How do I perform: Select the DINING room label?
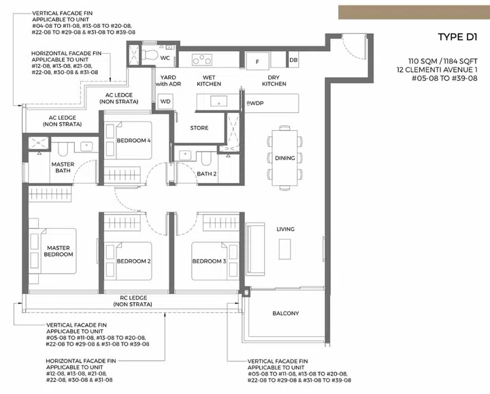click(x=285, y=158)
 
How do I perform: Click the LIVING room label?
click(x=285, y=229)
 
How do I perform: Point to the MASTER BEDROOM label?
click(x=59, y=251)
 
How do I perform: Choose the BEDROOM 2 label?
click(x=133, y=261)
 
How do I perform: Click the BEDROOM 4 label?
click(x=133, y=140)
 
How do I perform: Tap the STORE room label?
click(x=199, y=128)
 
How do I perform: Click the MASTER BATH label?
click(x=63, y=168)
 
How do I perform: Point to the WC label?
click(x=165, y=59)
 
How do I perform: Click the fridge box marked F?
click(x=257, y=61)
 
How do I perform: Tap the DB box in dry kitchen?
click(x=293, y=61)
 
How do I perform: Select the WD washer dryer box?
click(x=165, y=101)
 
